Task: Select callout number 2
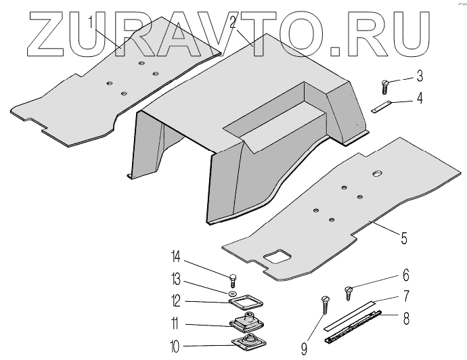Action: coord(232,22)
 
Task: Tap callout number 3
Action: coord(420,75)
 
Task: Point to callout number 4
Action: coord(420,99)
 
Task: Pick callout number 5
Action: coord(403,238)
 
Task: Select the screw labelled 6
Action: coord(349,291)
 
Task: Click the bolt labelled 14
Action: coord(233,277)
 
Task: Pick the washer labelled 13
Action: coord(232,294)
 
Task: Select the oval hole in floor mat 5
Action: coord(376,175)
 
